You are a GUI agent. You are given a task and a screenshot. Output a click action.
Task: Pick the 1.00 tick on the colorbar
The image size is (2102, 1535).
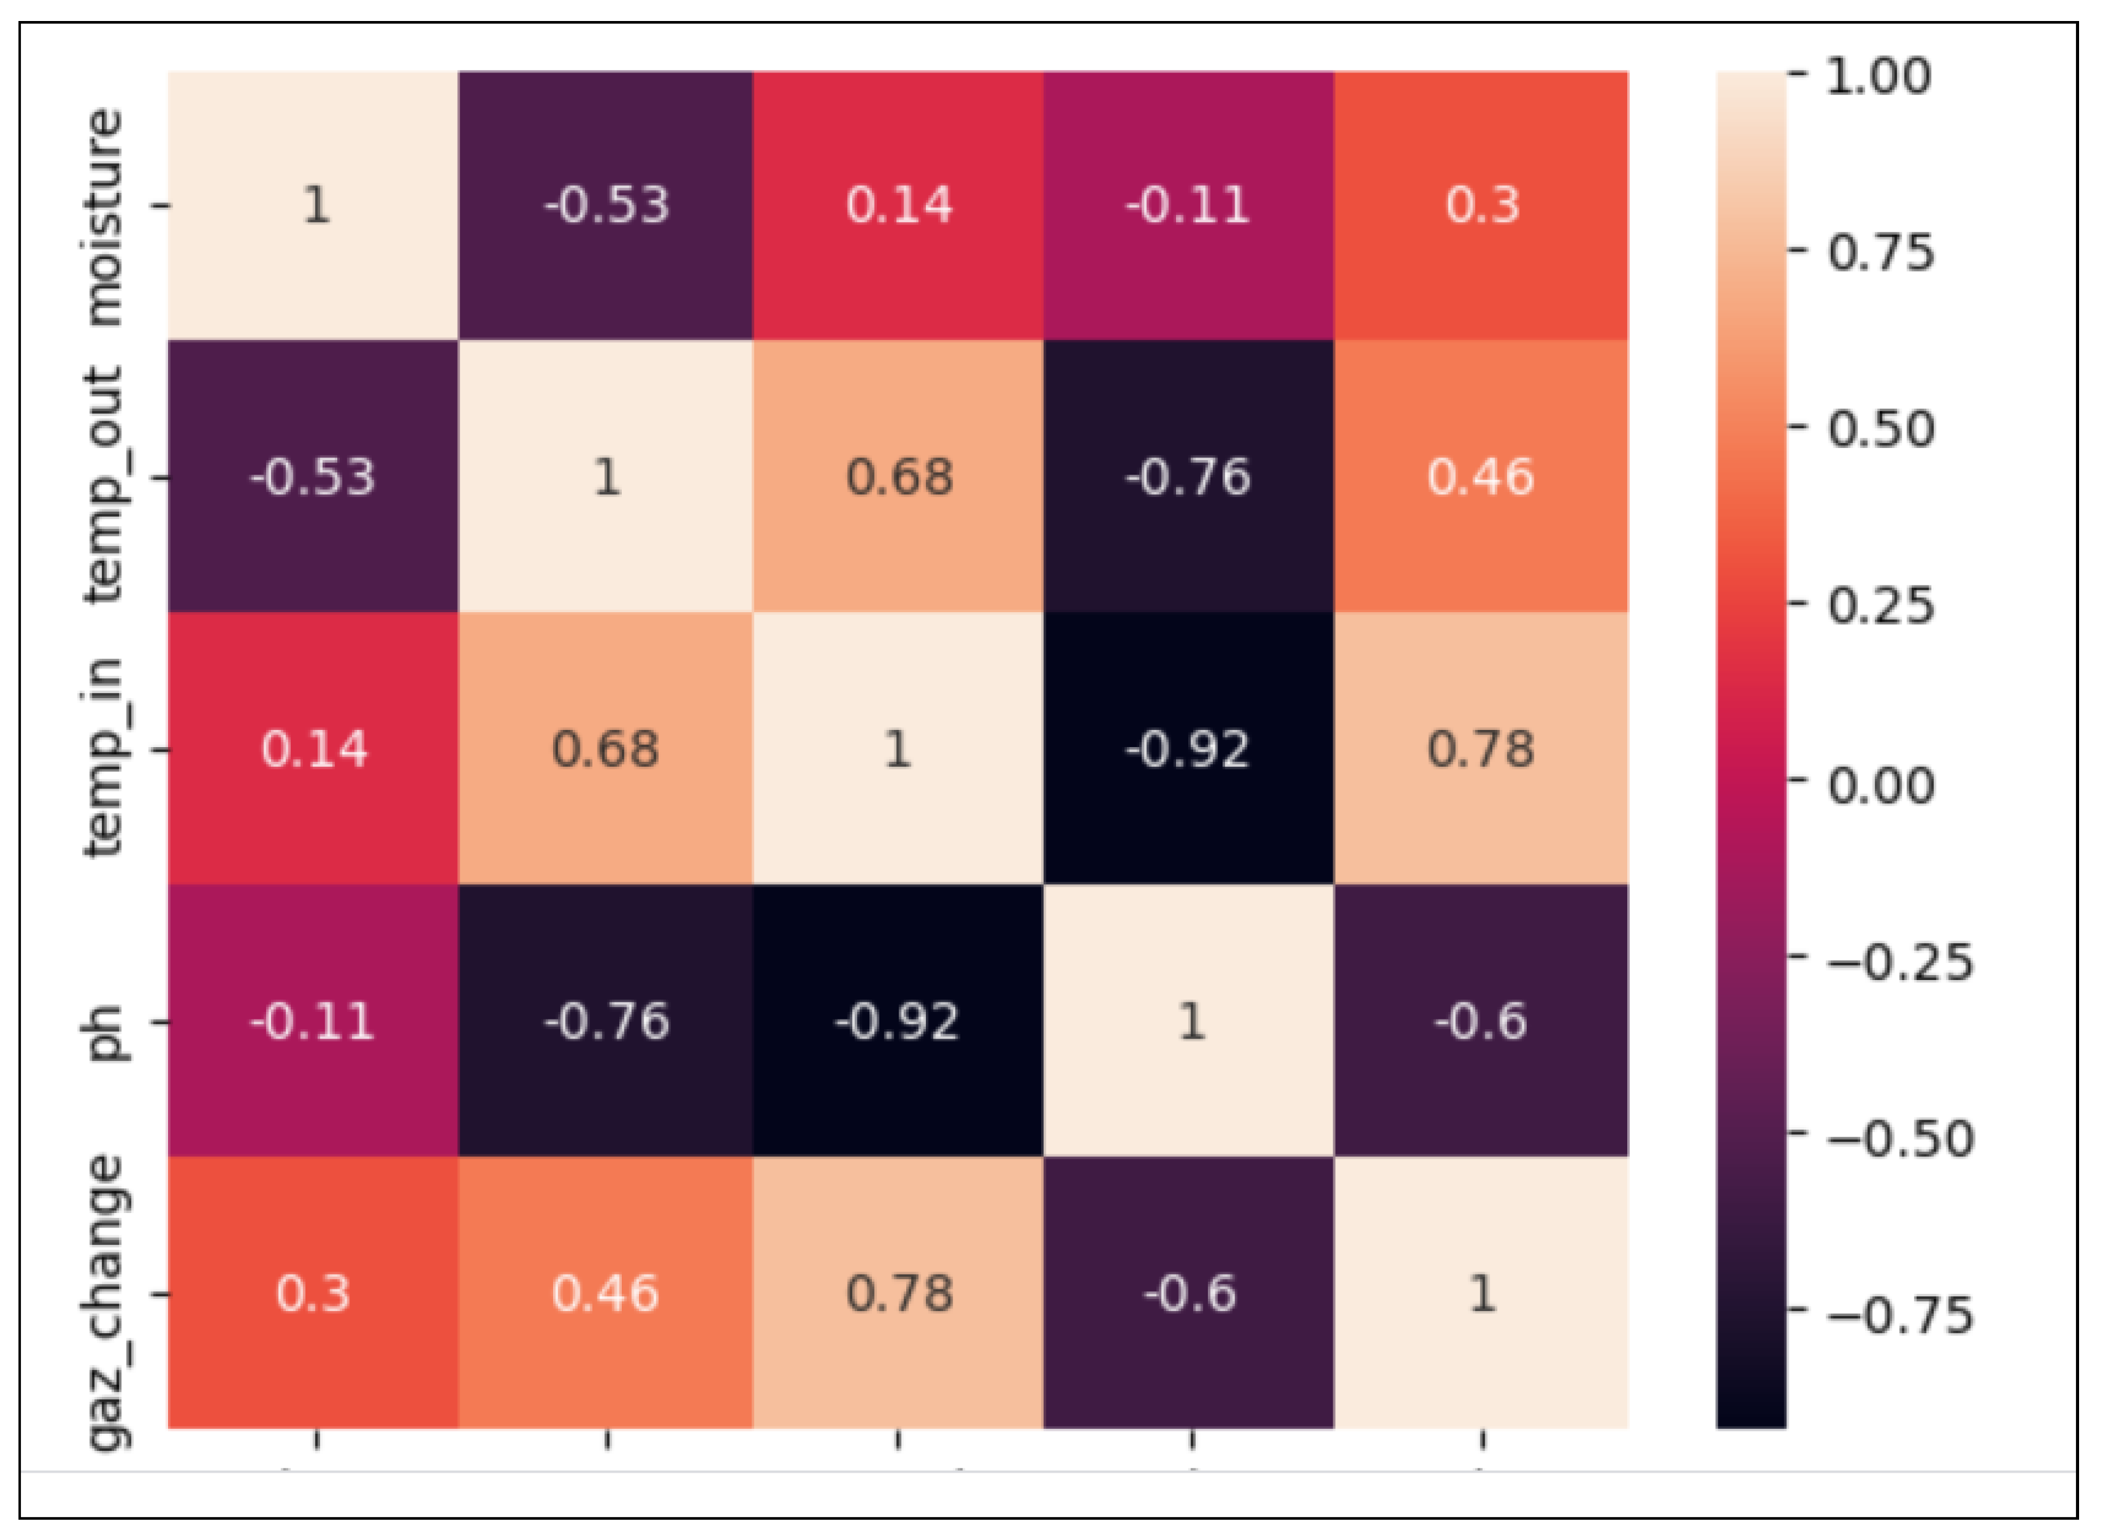pyautogui.click(x=1877, y=76)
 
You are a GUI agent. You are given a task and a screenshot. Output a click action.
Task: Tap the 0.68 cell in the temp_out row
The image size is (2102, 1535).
pyautogui.click(x=898, y=477)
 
